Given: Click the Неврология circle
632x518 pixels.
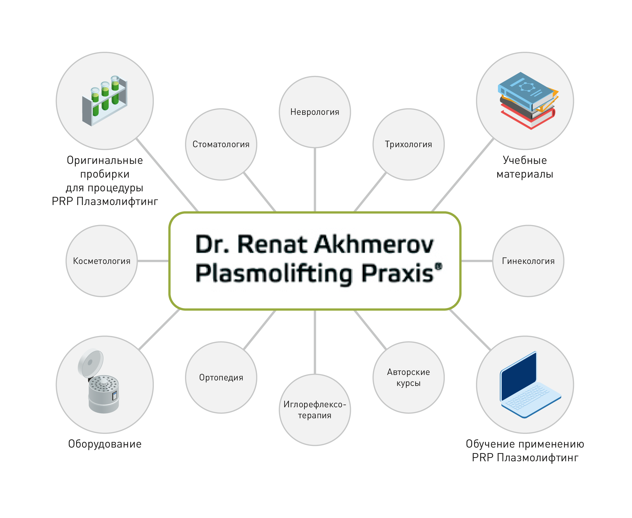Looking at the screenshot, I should (x=315, y=112).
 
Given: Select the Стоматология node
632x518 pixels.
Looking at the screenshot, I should (x=221, y=144).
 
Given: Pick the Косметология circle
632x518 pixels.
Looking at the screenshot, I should (x=102, y=261).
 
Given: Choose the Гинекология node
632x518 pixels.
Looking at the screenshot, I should (x=528, y=261).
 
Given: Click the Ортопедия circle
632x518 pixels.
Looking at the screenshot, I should (x=221, y=377).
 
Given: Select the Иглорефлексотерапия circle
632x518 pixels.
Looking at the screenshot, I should (x=315, y=410).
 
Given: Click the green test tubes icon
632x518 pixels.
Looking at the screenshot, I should (x=105, y=100).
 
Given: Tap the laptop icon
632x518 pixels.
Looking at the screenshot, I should (x=529, y=385).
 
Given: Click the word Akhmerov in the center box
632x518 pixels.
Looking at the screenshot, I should (x=374, y=245).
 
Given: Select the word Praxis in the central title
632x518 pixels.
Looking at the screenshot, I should (x=398, y=273).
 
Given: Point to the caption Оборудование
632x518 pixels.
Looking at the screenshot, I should (x=105, y=444).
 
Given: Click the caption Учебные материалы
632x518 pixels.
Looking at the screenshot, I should (x=525, y=167).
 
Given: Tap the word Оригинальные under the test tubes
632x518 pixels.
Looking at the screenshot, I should (x=105, y=161).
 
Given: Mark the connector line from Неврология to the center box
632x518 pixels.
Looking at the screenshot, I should (x=315, y=179).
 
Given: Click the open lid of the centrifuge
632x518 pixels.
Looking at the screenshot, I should (x=90, y=362).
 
